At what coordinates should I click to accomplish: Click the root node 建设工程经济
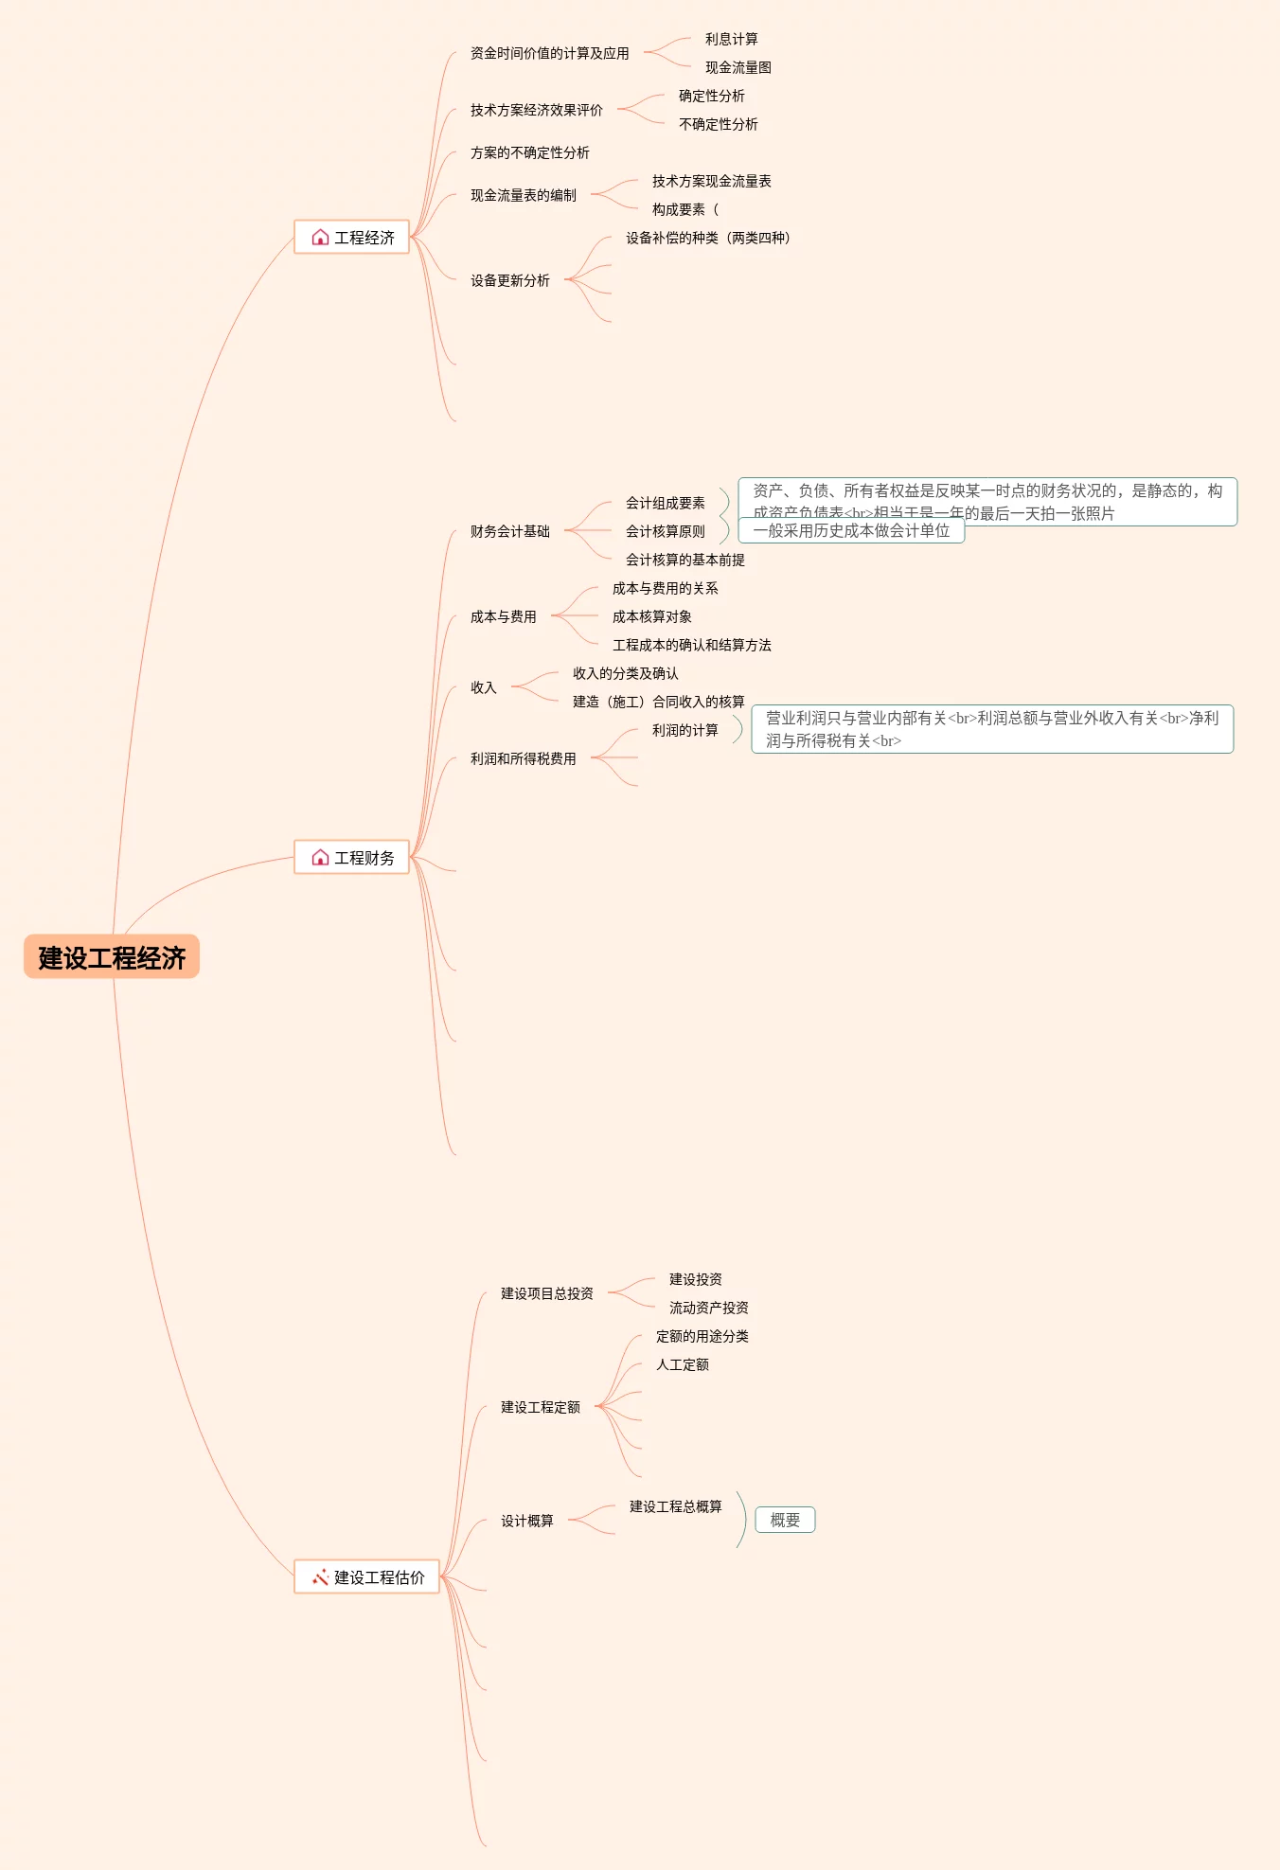112,957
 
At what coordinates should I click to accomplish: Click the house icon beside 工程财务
320,858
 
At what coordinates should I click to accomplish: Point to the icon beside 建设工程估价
320,1577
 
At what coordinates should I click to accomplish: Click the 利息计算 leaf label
731,39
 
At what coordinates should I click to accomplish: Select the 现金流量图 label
738,67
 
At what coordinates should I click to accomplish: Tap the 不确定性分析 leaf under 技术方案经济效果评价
718,124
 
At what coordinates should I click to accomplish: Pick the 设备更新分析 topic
509,280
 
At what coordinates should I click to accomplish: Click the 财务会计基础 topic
509,531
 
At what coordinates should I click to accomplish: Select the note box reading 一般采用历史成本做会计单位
851,531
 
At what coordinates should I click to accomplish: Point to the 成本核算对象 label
651,616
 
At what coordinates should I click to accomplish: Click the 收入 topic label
483,687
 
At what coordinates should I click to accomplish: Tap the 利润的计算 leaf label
684,730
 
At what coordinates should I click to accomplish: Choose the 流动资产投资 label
708,1308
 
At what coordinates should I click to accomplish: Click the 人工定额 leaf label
682,1364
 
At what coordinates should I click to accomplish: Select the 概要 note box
785,1520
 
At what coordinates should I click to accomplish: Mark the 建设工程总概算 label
675,1506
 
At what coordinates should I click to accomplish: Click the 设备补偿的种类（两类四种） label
707,238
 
